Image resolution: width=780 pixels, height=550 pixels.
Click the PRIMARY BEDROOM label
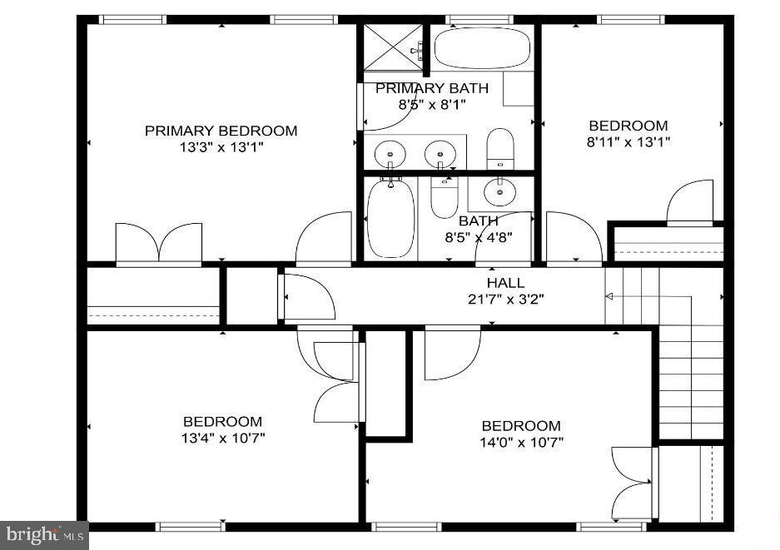click(221, 131)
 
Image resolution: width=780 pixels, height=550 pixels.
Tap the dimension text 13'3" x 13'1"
click(221, 147)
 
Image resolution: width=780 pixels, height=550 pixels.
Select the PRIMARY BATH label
click(432, 88)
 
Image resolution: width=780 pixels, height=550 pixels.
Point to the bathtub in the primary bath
click(482, 49)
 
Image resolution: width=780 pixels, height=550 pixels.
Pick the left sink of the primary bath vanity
click(389, 153)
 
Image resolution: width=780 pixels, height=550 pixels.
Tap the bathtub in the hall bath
click(390, 218)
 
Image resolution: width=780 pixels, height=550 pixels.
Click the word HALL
click(505, 283)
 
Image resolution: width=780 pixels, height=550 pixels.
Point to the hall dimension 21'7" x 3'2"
click(505, 299)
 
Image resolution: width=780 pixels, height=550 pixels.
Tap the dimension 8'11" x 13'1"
click(628, 141)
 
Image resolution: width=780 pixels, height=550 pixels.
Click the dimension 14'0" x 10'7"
click(521, 442)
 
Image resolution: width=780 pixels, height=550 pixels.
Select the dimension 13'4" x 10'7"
click(222, 438)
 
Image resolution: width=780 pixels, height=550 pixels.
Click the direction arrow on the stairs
click(609, 296)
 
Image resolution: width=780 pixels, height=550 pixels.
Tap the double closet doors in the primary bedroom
click(159, 244)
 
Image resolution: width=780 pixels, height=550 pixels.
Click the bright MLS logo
click(43, 535)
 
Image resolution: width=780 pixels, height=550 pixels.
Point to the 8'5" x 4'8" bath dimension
click(479, 237)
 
